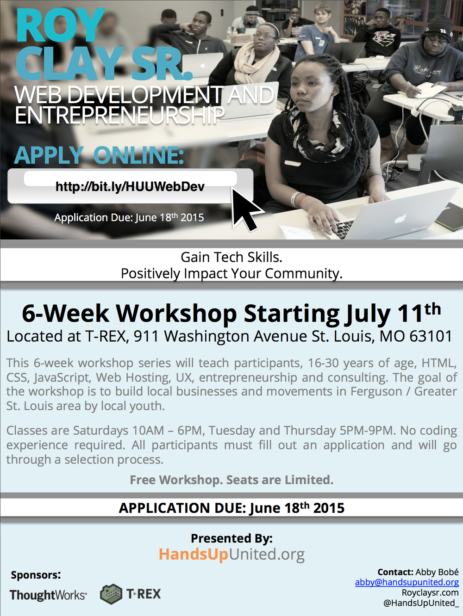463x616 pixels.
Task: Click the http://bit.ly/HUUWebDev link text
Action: (x=130, y=187)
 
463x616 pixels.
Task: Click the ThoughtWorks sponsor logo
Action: (x=48, y=594)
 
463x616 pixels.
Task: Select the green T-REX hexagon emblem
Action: (x=111, y=594)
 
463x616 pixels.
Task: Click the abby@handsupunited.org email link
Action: (x=407, y=582)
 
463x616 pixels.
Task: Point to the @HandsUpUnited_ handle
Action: (x=421, y=603)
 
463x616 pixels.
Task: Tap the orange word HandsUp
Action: (x=193, y=554)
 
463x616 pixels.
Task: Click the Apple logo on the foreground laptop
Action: (x=401, y=219)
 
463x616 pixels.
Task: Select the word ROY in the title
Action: (x=60, y=26)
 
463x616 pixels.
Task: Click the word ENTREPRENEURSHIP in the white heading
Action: (x=119, y=115)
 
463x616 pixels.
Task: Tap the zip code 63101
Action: (x=431, y=336)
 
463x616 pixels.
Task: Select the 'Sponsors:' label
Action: (x=36, y=575)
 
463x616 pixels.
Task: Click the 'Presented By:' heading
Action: (x=232, y=538)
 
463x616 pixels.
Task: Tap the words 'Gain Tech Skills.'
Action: (x=231, y=257)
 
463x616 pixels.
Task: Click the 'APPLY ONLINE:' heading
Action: (x=99, y=155)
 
